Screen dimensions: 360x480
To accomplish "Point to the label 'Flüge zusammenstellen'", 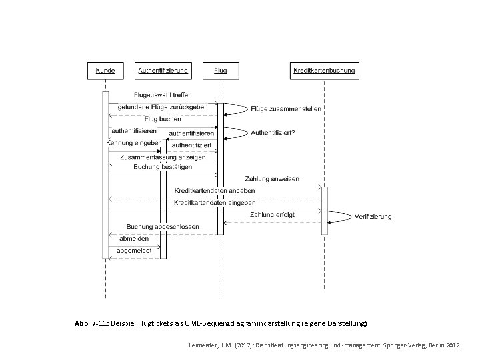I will [x=287, y=109].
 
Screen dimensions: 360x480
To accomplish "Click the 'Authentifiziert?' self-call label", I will [x=273, y=133].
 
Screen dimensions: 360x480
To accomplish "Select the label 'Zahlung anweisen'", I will [x=272, y=179].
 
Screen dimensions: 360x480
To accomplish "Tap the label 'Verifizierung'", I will [x=374, y=217].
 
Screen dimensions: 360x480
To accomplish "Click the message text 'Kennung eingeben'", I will [x=133, y=143].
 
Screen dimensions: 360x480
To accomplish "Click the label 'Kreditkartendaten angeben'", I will [x=215, y=191].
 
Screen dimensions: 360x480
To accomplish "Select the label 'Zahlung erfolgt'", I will [x=273, y=215].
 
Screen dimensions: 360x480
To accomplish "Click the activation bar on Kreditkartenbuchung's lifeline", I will [x=325, y=211].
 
